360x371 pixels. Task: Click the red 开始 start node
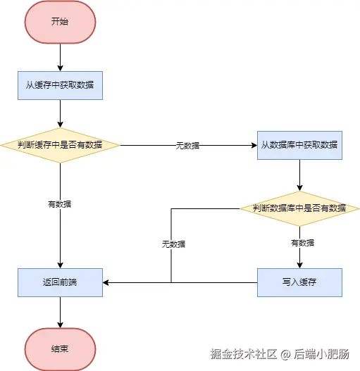60,21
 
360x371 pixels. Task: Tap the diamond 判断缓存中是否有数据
60,144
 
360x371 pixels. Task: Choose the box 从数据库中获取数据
299,145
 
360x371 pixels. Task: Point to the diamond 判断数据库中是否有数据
299,208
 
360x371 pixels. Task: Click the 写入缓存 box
299,282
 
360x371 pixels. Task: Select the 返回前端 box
60,282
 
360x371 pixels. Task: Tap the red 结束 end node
60,348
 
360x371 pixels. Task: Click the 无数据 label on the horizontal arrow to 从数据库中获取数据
187,145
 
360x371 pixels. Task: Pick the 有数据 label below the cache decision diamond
60,203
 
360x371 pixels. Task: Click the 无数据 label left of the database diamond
173,244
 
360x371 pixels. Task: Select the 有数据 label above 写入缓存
302,243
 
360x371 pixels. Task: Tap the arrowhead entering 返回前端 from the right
106,282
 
